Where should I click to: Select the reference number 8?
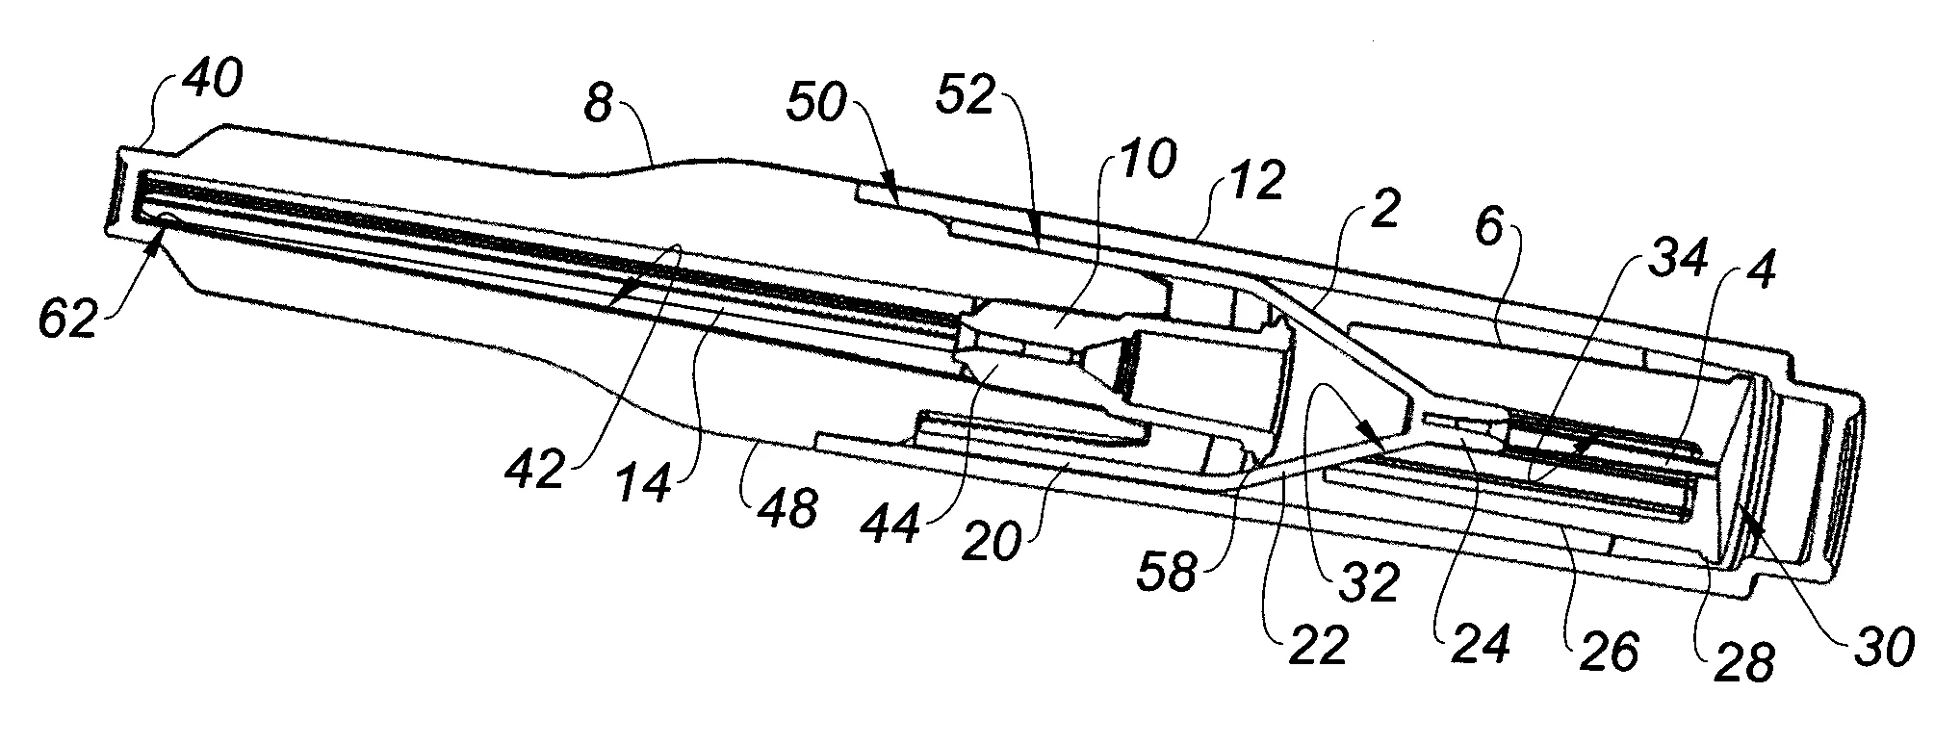pyautogui.click(x=598, y=104)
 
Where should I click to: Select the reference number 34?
pyautogui.click(x=1643, y=254)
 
